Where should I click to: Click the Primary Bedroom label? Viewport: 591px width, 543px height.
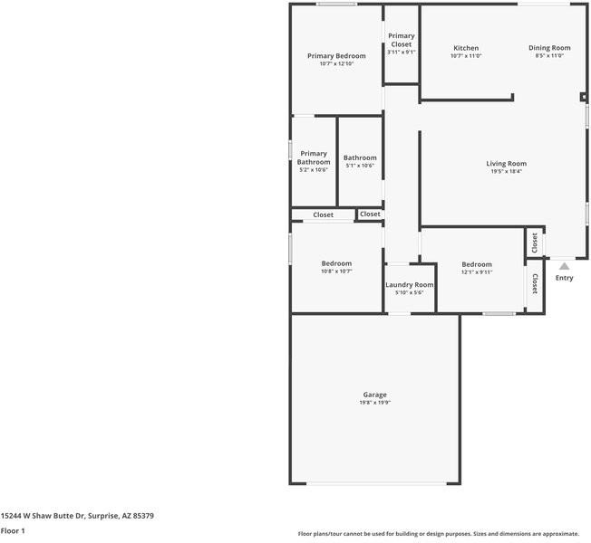pos(336,56)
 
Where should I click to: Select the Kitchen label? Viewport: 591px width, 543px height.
pos(466,48)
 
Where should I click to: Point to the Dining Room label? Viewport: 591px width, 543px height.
pos(549,48)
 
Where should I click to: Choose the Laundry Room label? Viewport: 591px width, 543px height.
pos(410,285)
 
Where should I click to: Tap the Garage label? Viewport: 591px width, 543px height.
pos(375,395)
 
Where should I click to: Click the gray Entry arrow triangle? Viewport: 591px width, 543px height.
pos(564,266)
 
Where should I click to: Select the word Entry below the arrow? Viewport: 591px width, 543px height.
pos(564,278)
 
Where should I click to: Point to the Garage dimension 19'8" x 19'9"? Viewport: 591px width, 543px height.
pos(375,403)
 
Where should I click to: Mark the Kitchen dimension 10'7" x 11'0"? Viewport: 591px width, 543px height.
pos(466,56)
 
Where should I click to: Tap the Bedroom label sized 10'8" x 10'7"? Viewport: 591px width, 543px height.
pos(336,263)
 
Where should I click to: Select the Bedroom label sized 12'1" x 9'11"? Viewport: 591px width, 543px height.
pos(477,264)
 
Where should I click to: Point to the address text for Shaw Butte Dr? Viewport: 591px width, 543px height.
pos(77,516)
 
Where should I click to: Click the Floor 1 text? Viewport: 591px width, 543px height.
pos(13,530)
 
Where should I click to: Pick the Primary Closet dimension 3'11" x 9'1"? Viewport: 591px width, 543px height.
pos(401,52)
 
